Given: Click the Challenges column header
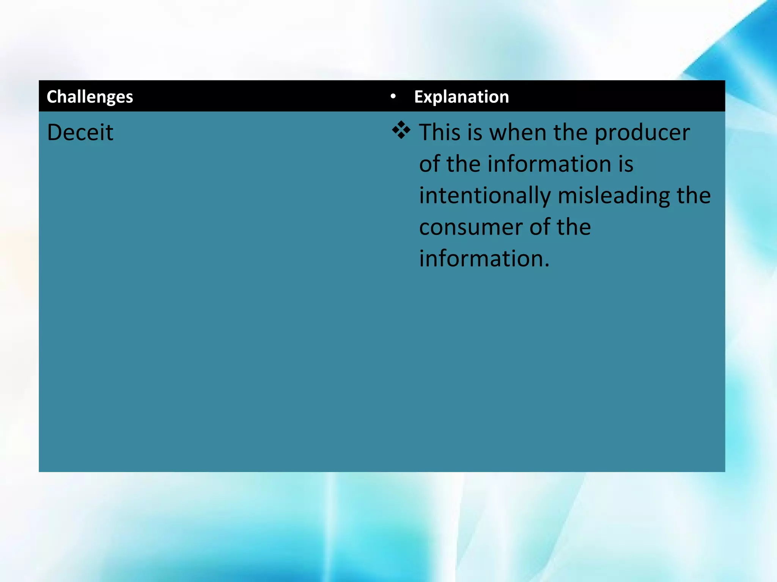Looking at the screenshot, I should pos(90,97).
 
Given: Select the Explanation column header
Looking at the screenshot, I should pos(461,97).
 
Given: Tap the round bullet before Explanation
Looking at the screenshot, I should pos(393,97).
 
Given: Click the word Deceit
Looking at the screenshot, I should pos(80,132).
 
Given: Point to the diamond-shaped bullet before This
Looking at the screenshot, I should pos(401,131).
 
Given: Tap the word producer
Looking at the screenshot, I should pos(642,133).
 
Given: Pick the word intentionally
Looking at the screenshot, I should pos(485,196).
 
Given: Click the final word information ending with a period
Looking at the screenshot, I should pos(484,259).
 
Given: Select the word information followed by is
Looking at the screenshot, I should pos(549,164).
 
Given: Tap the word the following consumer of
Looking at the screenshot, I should pos(574,227).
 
